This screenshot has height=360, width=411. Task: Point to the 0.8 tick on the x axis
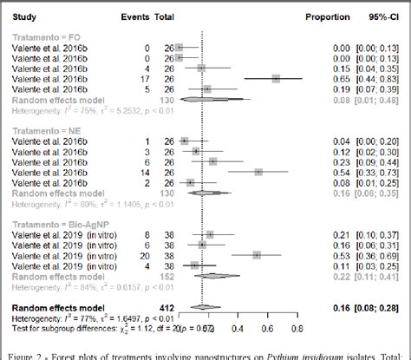pos(297,328)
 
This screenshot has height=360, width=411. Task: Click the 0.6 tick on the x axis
pos(265,328)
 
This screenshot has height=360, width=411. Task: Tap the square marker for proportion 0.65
pos(276,78)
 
